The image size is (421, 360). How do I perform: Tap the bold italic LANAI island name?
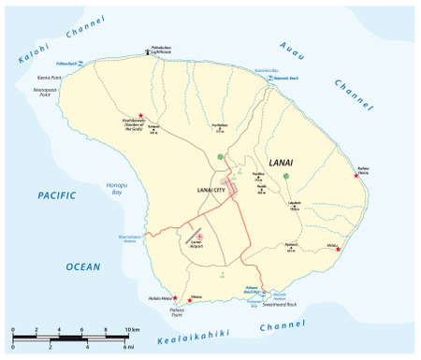tap(282, 163)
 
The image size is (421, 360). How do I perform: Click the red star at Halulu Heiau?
tap(174, 297)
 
